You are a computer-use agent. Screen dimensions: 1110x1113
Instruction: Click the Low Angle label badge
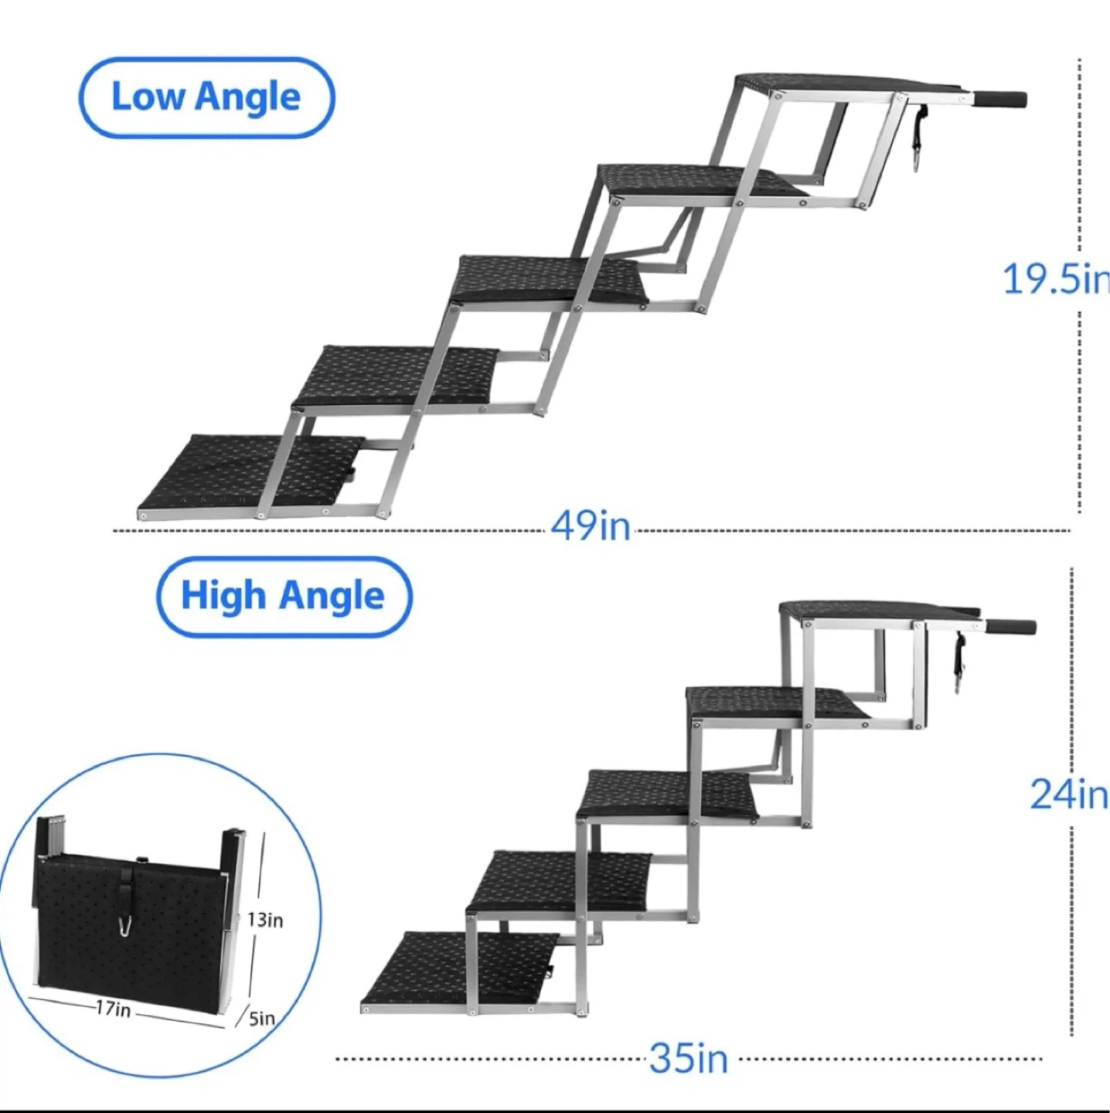pyautogui.click(x=206, y=97)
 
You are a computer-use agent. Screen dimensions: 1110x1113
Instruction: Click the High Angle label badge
pyautogui.click(x=283, y=597)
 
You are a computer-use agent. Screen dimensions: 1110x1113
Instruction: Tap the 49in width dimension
pyautogui.click(x=590, y=526)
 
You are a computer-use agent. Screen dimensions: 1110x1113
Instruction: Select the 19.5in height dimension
pyautogui.click(x=1056, y=280)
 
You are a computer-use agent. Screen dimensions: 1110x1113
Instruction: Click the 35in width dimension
pyautogui.click(x=688, y=1058)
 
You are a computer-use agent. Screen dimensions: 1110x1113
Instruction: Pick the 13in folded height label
pyautogui.click(x=265, y=920)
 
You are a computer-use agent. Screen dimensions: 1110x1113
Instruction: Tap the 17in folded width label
pyautogui.click(x=113, y=1009)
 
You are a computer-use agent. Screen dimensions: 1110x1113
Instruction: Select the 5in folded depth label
pyautogui.click(x=261, y=1034)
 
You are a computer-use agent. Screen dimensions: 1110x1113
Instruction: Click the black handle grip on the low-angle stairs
pyautogui.click(x=1001, y=99)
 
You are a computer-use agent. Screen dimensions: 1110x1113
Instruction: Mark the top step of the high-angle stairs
pyautogui.click(x=878, y=612)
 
